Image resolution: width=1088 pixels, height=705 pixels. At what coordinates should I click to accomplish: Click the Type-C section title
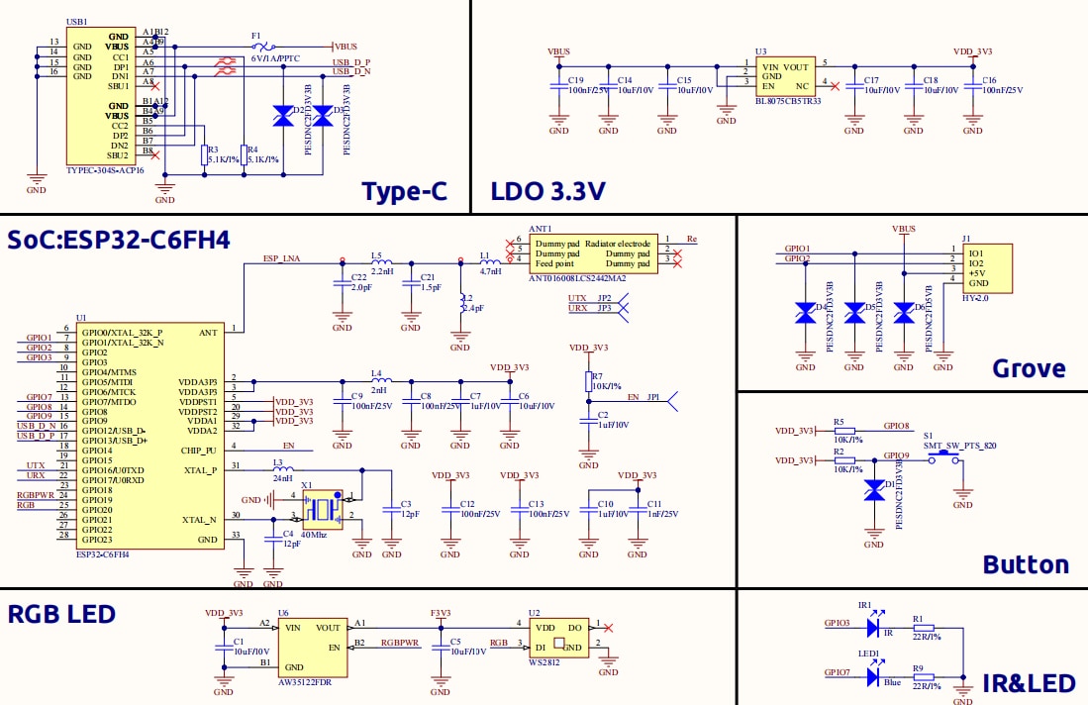point(403,192)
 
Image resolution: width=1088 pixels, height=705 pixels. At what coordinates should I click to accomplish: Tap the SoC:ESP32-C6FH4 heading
point(119,241)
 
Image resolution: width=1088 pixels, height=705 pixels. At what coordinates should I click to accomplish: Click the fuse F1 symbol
point(264,47)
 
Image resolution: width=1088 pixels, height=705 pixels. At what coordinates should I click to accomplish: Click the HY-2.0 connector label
point(976,297)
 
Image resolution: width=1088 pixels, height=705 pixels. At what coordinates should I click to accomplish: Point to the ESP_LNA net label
point(282,258)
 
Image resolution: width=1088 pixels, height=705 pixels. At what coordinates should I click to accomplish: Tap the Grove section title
point(1029,369)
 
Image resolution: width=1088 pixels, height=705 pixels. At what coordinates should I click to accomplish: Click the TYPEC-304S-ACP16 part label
point(105,170)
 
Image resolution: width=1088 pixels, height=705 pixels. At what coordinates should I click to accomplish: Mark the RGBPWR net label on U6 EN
point(400,642)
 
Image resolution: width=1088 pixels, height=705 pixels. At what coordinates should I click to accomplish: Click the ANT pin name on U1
point(208,332)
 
